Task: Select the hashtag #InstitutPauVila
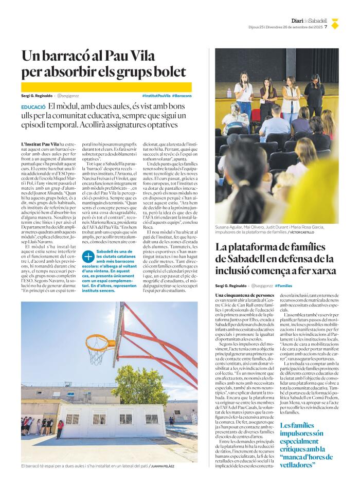156,96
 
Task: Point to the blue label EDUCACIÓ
33,106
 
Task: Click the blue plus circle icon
88,256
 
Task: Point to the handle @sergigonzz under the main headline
68,96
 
